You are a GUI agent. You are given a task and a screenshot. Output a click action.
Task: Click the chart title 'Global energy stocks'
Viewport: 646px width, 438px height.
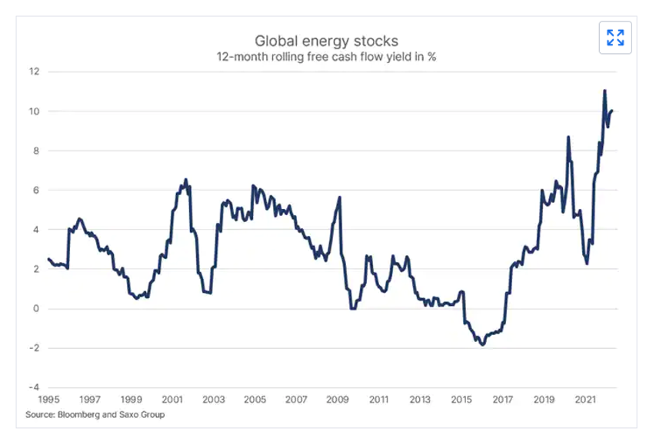point(327,40)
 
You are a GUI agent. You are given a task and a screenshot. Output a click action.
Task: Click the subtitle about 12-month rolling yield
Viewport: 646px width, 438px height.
point(327,57)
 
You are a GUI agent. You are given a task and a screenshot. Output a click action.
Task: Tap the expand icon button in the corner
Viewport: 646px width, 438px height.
point(615,38)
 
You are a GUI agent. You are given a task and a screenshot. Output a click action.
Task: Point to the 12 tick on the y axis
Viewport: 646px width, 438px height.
point(33,71)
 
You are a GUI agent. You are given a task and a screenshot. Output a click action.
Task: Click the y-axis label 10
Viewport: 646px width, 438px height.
point(33,111)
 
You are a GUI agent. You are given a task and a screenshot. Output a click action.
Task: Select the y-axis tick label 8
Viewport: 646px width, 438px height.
point(35,151)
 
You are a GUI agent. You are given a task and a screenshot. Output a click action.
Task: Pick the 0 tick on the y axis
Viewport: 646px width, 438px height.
point(35,309)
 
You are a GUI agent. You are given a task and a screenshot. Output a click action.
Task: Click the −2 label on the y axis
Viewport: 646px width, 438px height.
point(33,348)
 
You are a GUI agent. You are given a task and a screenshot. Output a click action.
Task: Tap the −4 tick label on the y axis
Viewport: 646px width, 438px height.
point(33,387)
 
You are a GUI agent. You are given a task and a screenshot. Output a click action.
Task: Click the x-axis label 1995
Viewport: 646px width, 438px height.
point(48,400)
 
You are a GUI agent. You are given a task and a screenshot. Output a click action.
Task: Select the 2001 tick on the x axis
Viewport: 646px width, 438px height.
point(172,400)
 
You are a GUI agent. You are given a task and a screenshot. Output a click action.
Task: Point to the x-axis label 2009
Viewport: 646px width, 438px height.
point(338,400)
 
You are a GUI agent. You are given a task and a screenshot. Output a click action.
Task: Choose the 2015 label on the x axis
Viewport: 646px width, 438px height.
point(461,400)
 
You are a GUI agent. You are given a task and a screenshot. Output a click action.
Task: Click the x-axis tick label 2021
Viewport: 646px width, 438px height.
point(586,400)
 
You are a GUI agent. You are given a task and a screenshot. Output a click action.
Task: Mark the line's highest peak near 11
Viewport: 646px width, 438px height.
point(604,91)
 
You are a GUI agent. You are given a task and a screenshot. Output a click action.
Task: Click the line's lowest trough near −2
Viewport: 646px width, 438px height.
point(482,345)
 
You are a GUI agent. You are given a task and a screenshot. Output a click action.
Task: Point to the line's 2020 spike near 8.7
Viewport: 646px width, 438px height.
point(568,137)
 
